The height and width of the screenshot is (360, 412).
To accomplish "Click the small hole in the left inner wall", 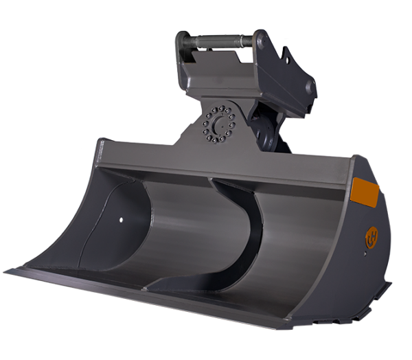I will click(x=122, y=220).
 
